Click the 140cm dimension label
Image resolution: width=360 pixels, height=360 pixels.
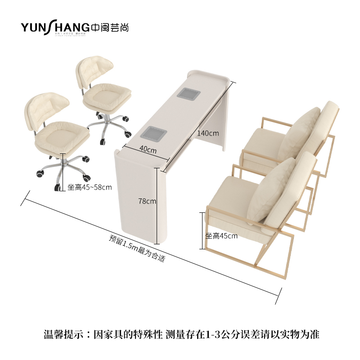coord(207,133)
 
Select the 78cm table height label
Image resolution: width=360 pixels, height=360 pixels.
coord(147,201)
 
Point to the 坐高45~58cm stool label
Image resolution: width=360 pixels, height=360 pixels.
coord(90,187)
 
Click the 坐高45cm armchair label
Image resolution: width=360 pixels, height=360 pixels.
coord(221,236)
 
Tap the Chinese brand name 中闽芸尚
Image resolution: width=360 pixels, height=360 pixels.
coord(110,27)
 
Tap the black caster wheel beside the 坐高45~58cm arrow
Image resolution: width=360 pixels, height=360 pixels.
coord(57,188)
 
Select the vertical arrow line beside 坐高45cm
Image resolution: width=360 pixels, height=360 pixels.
coord(201,230)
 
